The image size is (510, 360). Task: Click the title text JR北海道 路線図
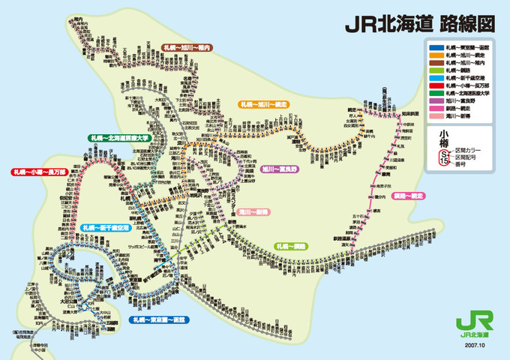click(x=419, y=23)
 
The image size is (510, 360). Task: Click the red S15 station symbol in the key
click(x=444, y=156)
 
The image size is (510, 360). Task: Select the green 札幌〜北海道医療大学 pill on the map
click(x=119, y=138)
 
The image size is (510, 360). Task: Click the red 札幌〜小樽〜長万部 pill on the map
click(x=40, y=172)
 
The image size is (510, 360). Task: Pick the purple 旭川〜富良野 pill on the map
click(x=279, y=169)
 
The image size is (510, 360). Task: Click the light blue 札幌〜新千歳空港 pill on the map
click(x=106, y=226)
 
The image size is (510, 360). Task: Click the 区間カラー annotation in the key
click(x=472, y=150)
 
